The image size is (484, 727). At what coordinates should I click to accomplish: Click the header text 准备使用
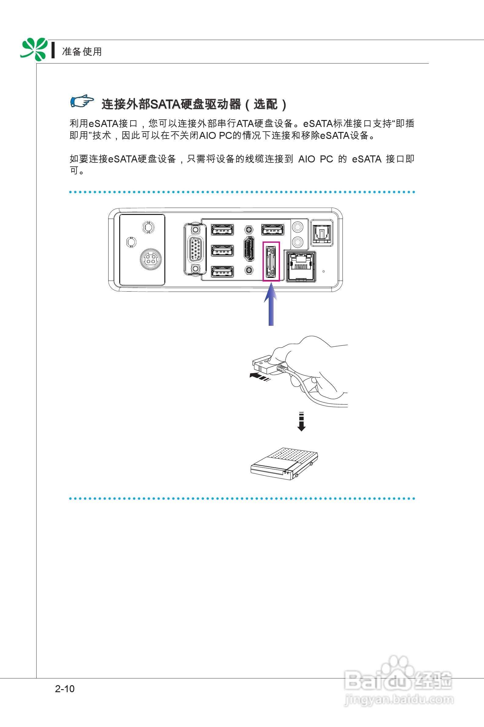tap(82, 52)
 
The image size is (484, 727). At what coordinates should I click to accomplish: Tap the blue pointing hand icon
tap(81, 101)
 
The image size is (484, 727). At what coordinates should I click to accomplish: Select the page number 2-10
tap(65, 689)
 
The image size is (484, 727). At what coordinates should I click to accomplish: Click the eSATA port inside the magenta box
tap(271, 261)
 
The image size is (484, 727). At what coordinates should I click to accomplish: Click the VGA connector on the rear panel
tap(195, 249)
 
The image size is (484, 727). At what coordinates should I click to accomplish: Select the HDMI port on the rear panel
tap(249, 249)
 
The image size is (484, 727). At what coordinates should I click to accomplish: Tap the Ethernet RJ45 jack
tap(301, 266)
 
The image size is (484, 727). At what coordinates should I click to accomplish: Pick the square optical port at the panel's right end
tap(322, 233)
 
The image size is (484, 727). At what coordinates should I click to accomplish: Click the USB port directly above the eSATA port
tap(273, 230)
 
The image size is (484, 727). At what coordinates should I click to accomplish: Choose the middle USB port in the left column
tap(222, 251)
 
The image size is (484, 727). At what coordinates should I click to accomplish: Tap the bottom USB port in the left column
tap(222, 271)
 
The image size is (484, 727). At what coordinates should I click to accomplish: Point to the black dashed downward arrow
tap(301, 421)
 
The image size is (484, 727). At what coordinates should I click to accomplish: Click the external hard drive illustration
tap(284, 463)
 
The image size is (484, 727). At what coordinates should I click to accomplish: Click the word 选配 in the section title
tap(265, 104)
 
